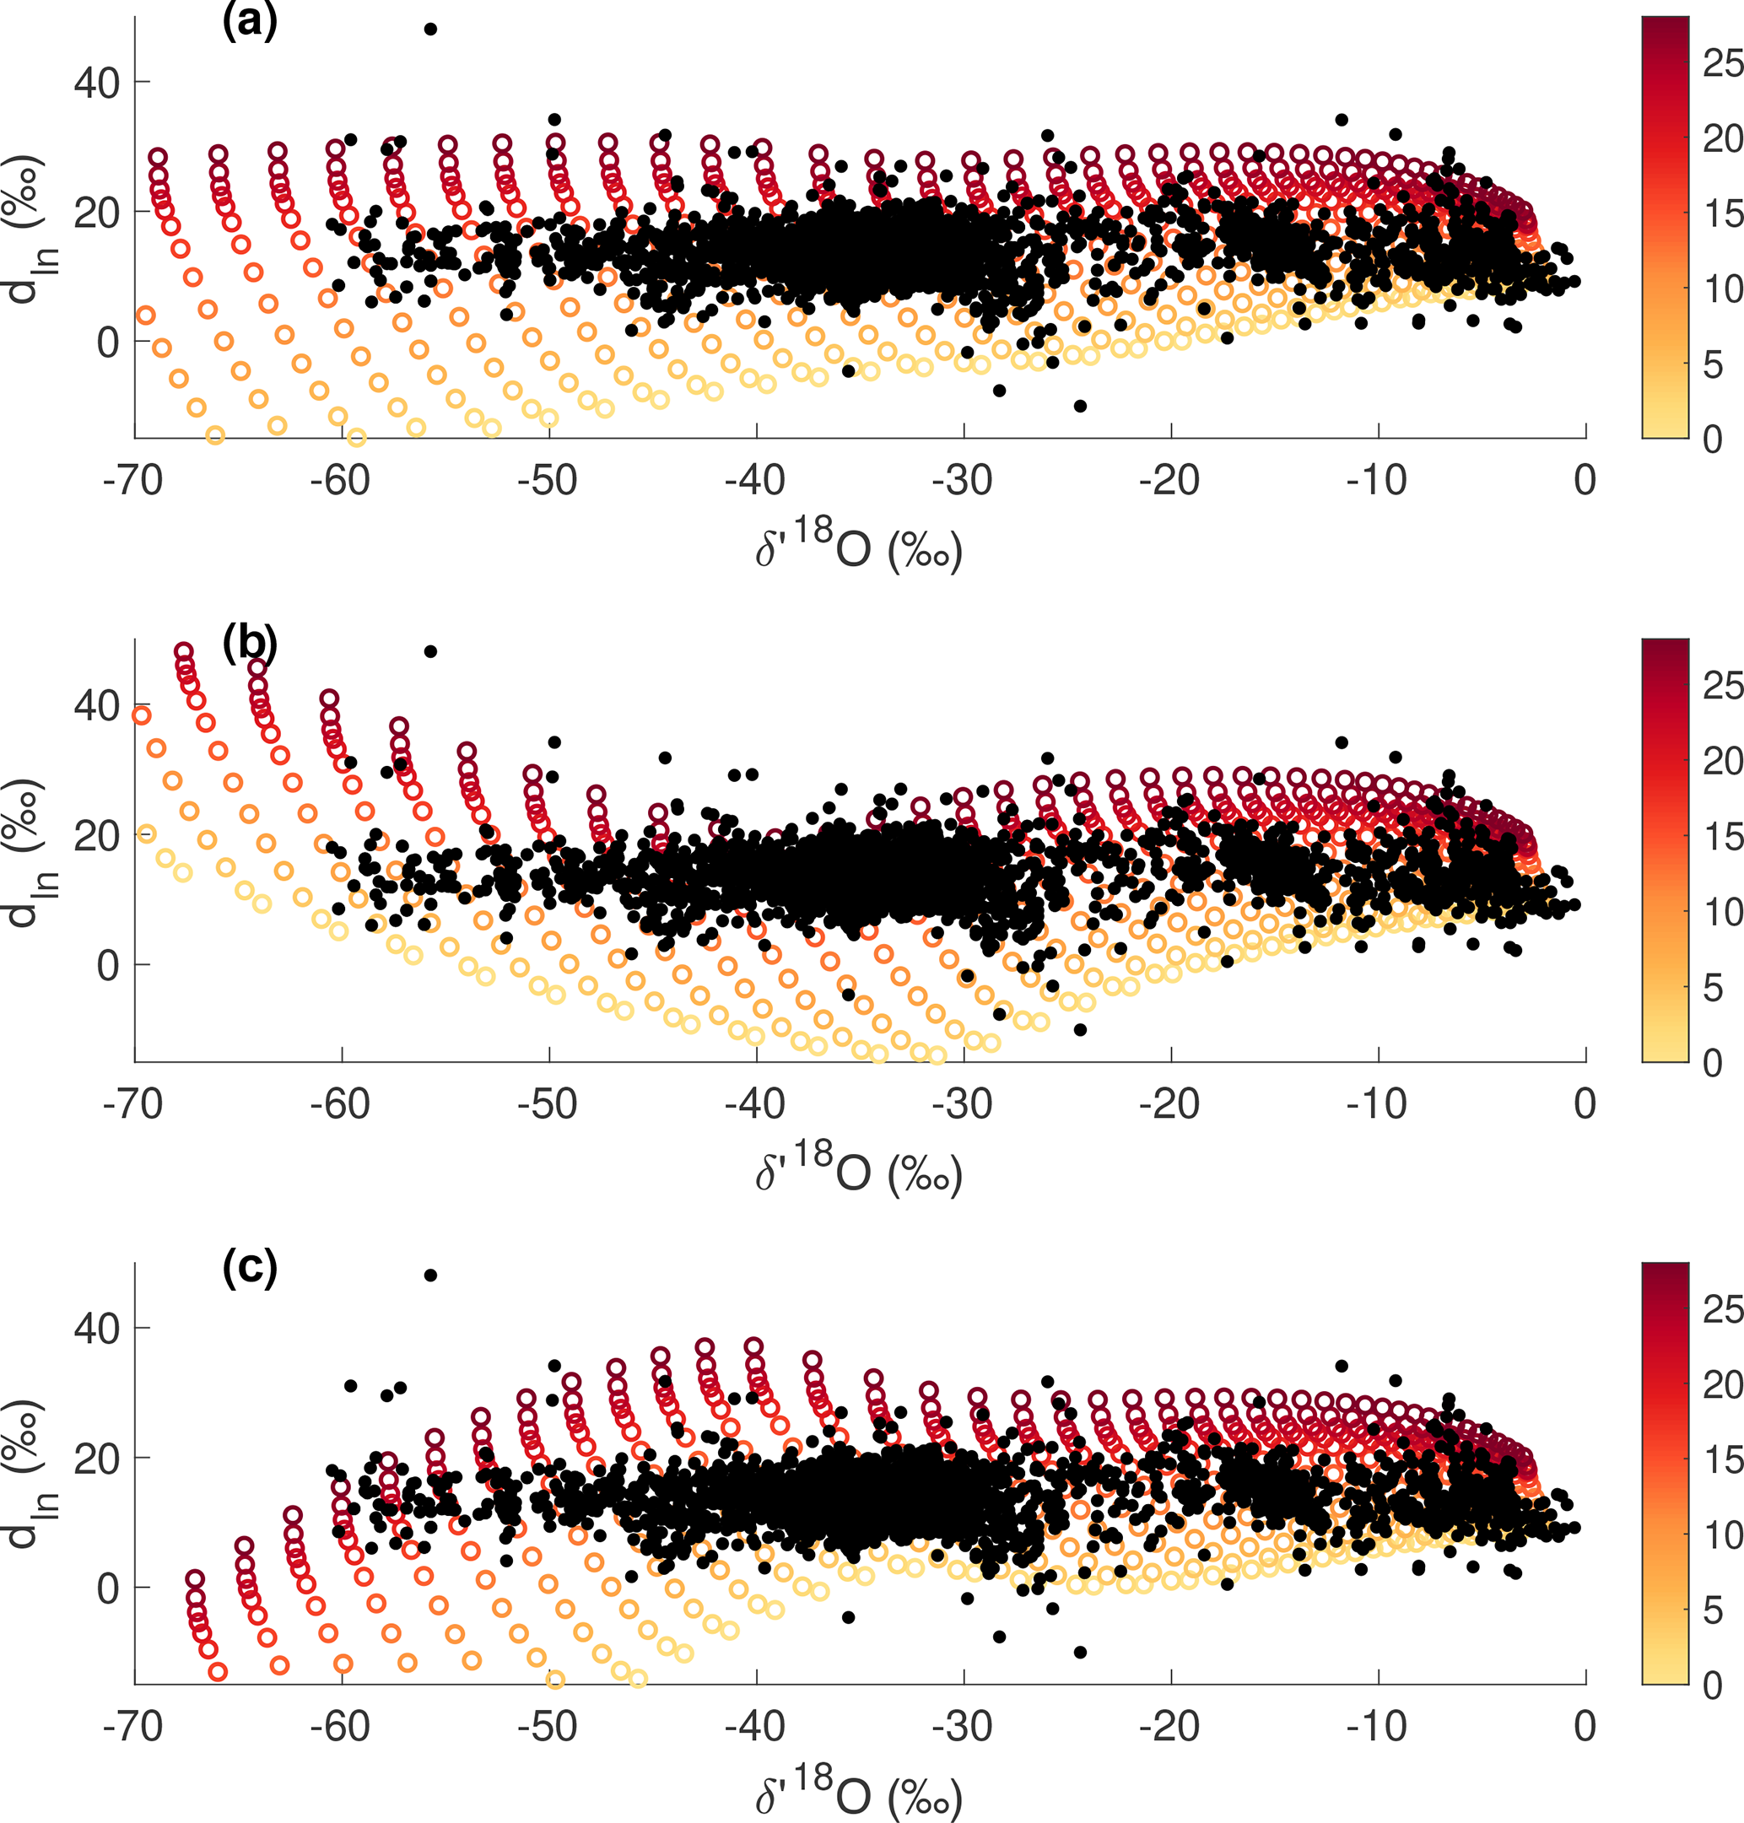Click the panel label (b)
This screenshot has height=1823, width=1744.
pos(249,641)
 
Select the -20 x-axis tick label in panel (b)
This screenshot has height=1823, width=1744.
pos(1169,1103)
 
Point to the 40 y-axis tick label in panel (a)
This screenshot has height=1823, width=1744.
pos(97,84)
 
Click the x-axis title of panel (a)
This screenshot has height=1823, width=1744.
pos(858,547)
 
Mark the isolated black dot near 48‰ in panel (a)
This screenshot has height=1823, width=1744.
pos(430,29)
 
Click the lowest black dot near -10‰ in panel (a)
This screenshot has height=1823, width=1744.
pos(1080,405)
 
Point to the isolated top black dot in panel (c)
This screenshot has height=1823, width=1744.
pos(430,1275)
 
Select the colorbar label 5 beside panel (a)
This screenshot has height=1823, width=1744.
pos(1713,364)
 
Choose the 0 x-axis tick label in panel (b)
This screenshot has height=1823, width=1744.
pos(1585,1103)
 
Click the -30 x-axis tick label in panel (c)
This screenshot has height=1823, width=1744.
pos(962,1726)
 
